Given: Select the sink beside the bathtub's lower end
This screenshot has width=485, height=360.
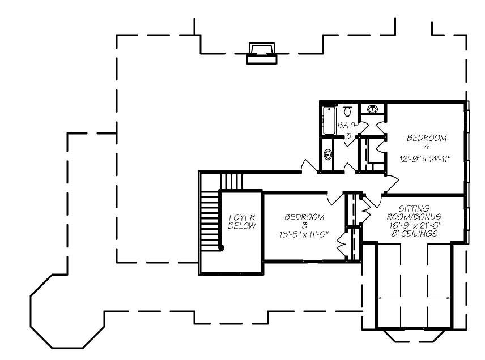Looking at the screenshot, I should pyautogui.click(x=328, y=154).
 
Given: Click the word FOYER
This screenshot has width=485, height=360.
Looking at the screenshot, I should pyautogui.click(x=242, y=217).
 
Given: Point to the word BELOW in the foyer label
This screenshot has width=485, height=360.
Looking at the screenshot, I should pyautogui.click(x=242, y=225).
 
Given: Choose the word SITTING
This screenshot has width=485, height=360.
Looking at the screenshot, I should pyautogui.click(x=414, y=208).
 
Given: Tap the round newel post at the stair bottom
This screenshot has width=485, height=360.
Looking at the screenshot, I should pyautogui.click(x=222, y=247).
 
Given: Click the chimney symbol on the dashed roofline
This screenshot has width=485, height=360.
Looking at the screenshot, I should pyautogui.click(x=261, y=53).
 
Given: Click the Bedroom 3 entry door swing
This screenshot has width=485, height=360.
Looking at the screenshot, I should pyautogui.click(x=335, y=199).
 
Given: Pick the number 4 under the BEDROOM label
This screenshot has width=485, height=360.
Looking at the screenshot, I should pyautogui.click(x=426, y=147).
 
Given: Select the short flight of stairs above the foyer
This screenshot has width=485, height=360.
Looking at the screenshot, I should pyautogui.click(x=231, y=182).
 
